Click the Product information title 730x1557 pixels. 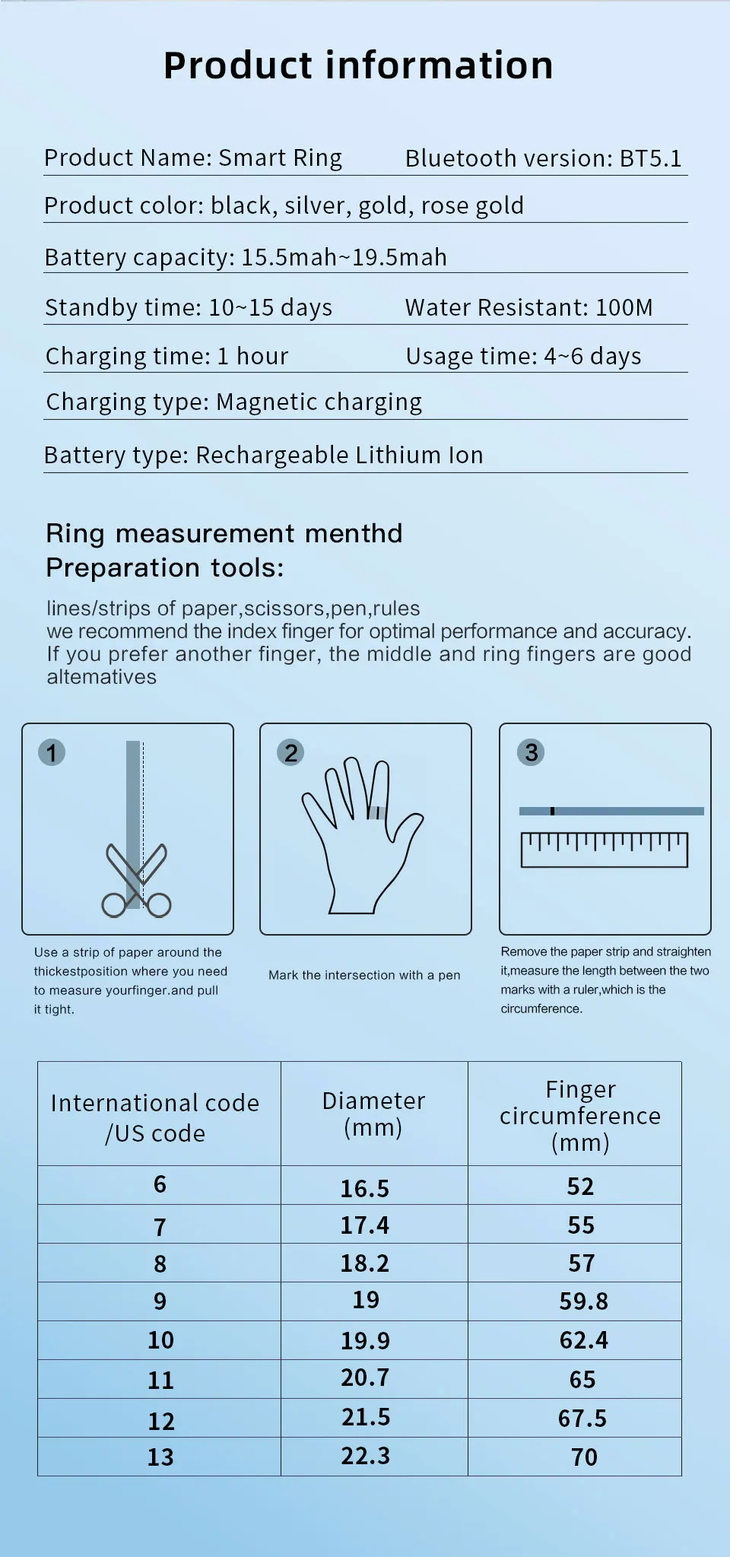358,65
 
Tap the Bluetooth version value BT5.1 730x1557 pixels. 650,158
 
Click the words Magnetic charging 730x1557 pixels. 319,402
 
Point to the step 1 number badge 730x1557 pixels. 52,753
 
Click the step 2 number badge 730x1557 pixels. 290,753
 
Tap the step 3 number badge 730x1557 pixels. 531,753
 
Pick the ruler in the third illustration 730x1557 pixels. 605,850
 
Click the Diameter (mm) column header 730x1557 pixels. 373,1114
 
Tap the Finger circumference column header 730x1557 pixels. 580,1115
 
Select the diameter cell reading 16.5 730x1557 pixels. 365,1188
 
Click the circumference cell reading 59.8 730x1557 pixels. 583,1301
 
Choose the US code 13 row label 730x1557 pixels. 160,1457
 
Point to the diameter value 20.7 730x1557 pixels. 365,1377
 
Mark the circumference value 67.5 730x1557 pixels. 582,1419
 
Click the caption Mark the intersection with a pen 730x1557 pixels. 364,975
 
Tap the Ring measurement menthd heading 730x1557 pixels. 224,533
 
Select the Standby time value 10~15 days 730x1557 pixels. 270,307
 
